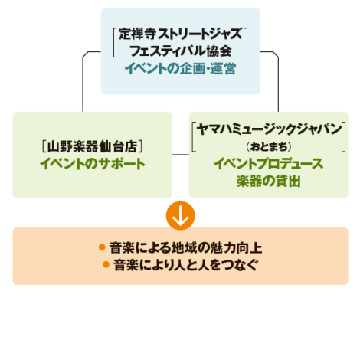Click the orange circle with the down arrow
(180, 216)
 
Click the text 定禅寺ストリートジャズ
(180, 34)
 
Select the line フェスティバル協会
(180, 51)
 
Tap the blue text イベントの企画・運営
(180, 69)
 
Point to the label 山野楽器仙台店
(93, 146)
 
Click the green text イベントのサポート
(93, 164)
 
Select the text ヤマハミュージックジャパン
(269, 129)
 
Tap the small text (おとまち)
(269, 147)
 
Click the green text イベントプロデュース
(269, 164)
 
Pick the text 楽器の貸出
(269, 181)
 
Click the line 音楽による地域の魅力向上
(186, 248)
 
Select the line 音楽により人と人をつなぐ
(185, 265)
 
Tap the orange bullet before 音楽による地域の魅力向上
(102, 247)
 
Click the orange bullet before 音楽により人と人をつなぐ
(106, 264)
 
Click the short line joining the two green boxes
(180, 155)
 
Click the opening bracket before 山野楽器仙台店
(44, 147)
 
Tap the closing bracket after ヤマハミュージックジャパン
(344, 137)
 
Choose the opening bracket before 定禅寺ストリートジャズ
(115, 43)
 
